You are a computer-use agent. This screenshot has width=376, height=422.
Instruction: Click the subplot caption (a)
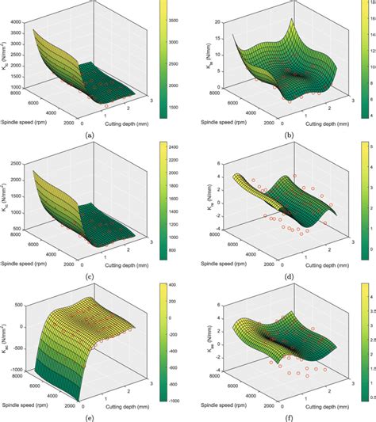coord(89,136)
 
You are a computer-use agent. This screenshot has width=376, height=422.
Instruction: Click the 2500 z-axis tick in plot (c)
coord(25,165)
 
